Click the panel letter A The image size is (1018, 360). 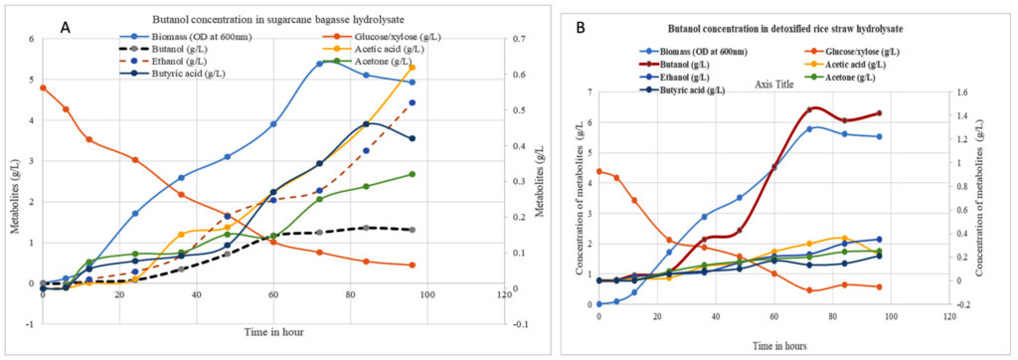[65, 28]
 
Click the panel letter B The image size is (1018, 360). [581, 29]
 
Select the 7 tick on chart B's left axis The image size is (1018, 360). [588, 92]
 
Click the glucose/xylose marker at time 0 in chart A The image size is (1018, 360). [43, 88]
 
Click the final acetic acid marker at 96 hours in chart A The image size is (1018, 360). [413, 68]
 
